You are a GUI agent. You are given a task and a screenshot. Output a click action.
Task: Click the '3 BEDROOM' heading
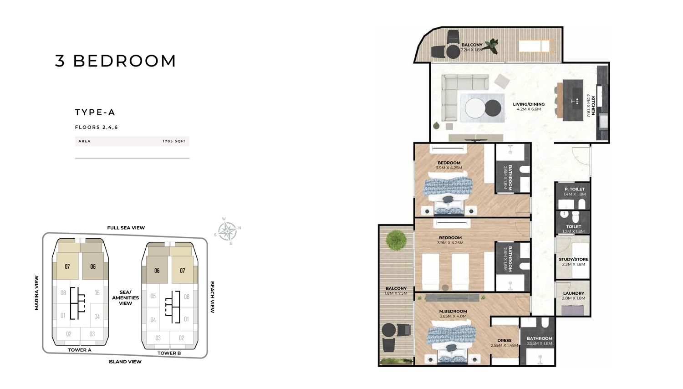tap(116, 61)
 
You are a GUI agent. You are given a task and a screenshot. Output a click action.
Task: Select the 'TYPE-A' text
tap(95, 113)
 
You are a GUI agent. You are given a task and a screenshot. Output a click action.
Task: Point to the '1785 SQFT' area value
tap(174, 141)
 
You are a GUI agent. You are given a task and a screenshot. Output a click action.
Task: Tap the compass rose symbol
tap(227, 231)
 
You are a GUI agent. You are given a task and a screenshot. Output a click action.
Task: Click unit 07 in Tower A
tap(67, 266)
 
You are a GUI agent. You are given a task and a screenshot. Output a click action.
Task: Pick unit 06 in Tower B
tap(157, 271)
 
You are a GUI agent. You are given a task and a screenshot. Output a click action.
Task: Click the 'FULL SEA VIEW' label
tap(126, 228)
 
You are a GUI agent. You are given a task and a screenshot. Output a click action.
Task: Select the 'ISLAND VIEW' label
tap(125, 362)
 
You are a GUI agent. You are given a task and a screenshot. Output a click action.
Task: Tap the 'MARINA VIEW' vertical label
tap(37, 292)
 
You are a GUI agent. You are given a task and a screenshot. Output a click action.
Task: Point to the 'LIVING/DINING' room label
tap(529, 104)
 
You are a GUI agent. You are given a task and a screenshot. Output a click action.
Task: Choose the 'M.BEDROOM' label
tap(453, 312)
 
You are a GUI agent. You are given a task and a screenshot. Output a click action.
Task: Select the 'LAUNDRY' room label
tap(573, 293)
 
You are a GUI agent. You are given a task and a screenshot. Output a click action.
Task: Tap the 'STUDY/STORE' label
tap(573, 259)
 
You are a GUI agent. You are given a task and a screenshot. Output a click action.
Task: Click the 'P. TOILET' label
tap(574, 189)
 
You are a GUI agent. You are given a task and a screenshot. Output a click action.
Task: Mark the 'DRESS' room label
tap(505, 340)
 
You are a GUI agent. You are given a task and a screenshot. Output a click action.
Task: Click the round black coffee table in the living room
tap(493, 108)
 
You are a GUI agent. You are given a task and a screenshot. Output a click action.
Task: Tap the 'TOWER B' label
tap(169, 353)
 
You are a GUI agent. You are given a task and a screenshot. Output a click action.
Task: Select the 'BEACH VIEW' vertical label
tap(212, 297)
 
